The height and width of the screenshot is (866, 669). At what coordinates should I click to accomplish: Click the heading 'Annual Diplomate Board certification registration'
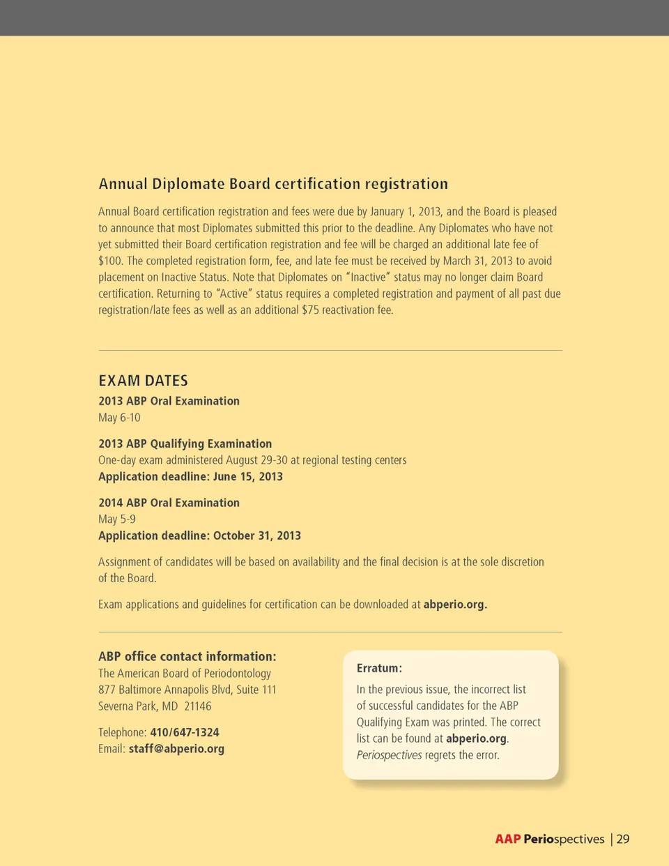click(x=273, y=184)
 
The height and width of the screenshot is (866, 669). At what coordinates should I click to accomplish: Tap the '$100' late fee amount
click(x=109, y=261)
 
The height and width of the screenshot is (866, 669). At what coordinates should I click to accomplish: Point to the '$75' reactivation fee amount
click(x=310, y=310)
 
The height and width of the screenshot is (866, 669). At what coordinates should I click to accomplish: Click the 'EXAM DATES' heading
click(x=143, y=381)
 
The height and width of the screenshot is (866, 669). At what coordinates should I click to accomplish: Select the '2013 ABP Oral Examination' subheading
click(x=169, y=401)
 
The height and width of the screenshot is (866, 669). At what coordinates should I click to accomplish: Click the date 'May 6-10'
click(x=119, y=418)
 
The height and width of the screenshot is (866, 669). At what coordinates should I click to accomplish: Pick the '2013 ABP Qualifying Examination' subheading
click(x=185, y=443)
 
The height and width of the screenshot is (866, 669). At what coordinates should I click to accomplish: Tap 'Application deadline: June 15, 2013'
click(x=190, y=477)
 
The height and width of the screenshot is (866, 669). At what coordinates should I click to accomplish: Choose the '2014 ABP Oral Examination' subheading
click(x=169, y=503)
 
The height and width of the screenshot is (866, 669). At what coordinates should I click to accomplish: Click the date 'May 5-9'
click(x=117, y=519)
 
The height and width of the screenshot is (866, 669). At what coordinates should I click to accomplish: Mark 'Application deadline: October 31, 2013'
click(x=199, y=536)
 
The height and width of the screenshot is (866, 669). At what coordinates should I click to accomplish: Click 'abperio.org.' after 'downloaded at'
click(x=455, y=605)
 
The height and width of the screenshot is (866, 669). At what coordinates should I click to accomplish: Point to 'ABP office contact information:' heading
click(x=187, y=657)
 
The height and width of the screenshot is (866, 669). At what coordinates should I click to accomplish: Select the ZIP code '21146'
click(x=197, y=706)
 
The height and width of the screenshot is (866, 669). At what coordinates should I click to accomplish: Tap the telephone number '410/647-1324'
click(x=185, y=733)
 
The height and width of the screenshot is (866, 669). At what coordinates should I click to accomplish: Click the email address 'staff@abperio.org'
click(x=176, y=750)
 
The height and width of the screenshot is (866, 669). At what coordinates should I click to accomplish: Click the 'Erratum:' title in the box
click(x=379, y=668)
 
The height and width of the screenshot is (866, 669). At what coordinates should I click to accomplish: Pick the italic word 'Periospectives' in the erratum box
click(x=389, y=755)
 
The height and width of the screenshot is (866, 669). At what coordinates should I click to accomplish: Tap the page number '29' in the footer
click(x=622, y=840)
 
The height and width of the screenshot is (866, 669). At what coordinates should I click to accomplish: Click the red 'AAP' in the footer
click(x=508, y=840)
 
